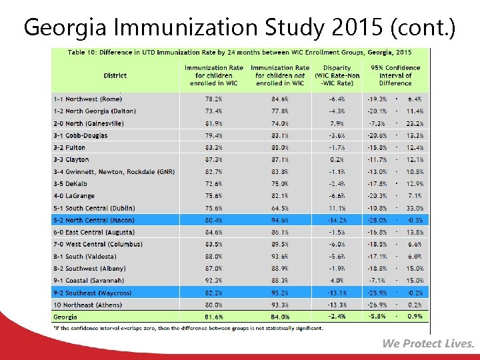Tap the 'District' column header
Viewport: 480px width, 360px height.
pos(115,75)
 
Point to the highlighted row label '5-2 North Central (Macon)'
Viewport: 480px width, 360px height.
pos(94,220)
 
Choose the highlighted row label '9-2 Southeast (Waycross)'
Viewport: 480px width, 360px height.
pos(93,293)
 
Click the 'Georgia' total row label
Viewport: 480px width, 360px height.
pos(65,317)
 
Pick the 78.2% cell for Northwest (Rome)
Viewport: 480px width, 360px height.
pos(214,99)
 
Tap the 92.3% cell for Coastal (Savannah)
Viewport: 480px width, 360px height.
pos(214,281)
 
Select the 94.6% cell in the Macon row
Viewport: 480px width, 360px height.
pos(280,220)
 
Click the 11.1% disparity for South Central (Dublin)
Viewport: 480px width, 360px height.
pos(337,208)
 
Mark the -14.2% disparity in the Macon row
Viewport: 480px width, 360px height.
pos(336,220)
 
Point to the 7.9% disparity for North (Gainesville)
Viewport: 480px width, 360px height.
pos(337,123)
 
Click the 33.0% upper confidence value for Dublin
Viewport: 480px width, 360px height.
pos(414,208)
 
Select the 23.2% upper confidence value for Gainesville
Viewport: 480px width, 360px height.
pos(414,123)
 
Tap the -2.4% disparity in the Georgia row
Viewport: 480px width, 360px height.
pos(336,317)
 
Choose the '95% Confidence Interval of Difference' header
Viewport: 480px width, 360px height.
pos(395,75)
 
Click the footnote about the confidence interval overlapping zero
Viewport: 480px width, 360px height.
pos(189,327)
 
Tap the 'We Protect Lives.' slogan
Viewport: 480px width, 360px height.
pos(428,343)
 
